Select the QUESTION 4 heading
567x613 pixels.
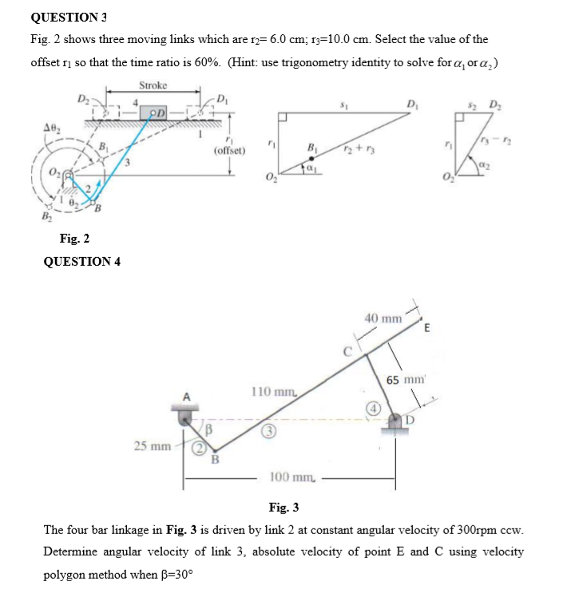pos(81,262)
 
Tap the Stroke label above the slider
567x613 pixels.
pos(153,85)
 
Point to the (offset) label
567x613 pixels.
pos(229,150)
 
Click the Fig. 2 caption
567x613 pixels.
pos(74,238)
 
